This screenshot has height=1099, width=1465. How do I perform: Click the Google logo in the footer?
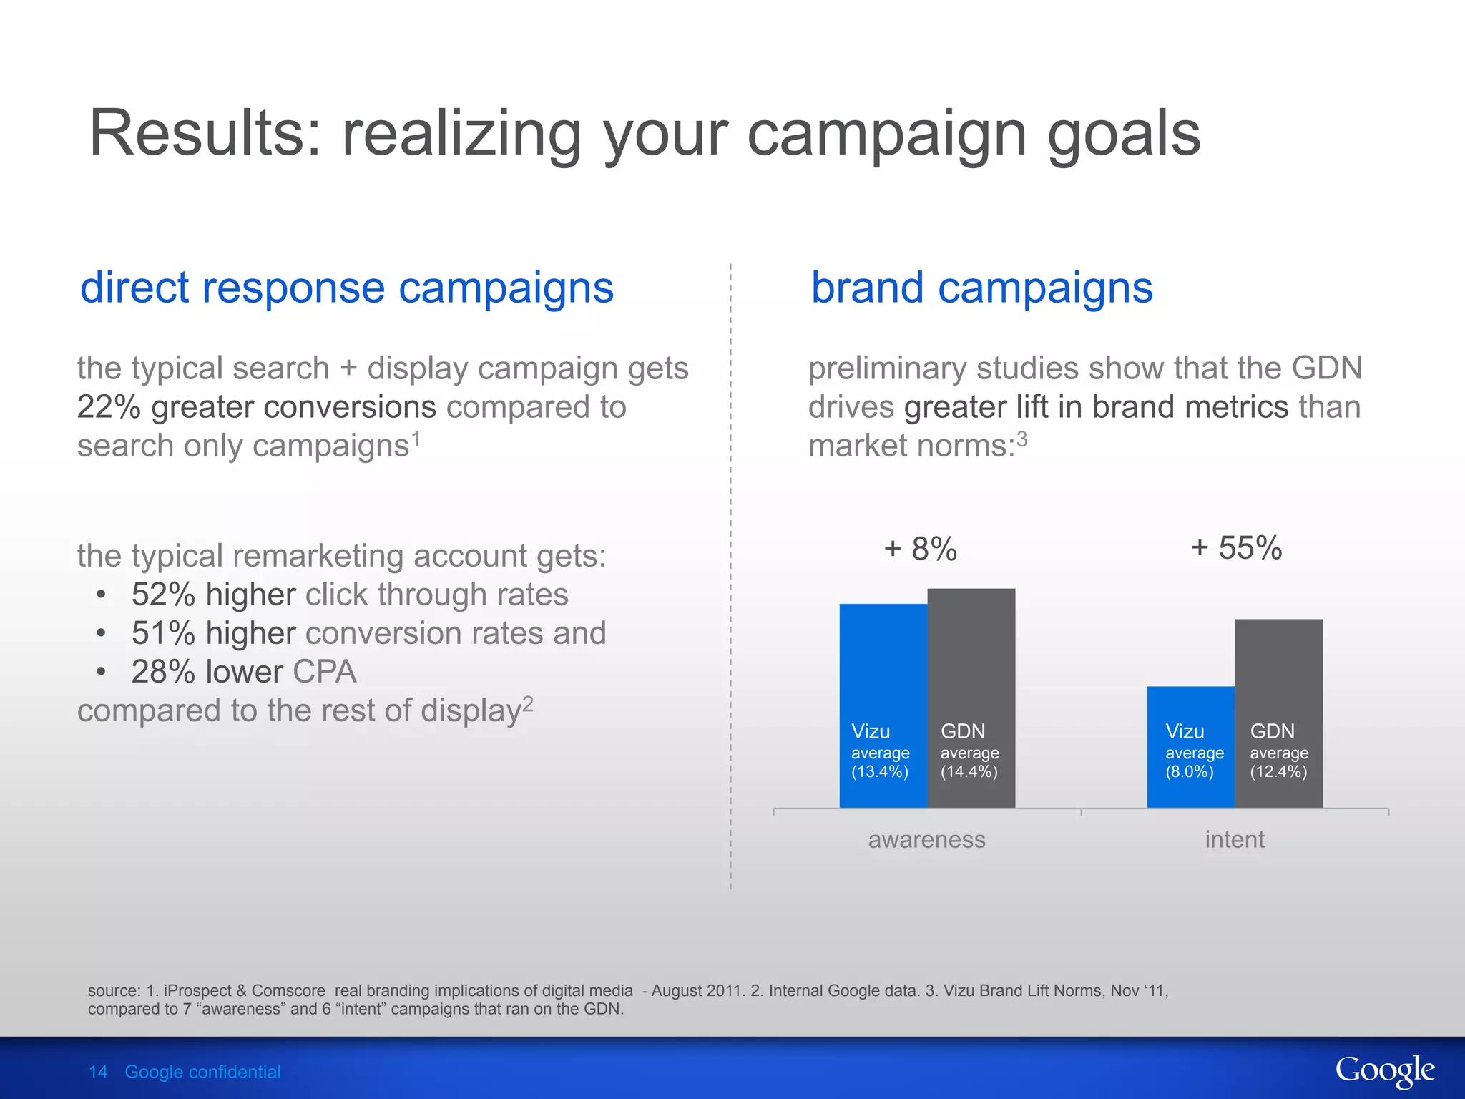tap(1384, 1071)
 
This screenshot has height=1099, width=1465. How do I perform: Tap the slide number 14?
tap(98, 1072)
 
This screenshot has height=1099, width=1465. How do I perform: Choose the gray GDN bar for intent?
tap(1278, 680)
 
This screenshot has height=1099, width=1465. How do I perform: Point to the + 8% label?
tap(920, 549)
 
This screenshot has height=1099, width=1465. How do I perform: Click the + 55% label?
tap(1236, 548)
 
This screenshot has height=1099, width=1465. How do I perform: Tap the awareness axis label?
tap(926, 839)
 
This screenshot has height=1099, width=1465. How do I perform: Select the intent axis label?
tap(1234, 839)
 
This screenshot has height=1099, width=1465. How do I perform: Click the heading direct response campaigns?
tap(347, 288)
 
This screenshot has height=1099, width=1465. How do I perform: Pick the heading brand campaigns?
tap(981, 288)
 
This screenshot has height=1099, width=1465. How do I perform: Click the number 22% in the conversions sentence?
tap(109, 407)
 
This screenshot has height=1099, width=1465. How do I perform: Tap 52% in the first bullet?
tap(163, 595)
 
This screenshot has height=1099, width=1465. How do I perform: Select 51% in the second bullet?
tap(163, 633)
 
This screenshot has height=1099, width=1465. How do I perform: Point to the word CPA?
tap(324, 672)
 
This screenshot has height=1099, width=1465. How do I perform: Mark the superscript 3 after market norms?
tap(1022, 439)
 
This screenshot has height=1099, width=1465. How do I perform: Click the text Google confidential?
tap(202, 1072)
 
